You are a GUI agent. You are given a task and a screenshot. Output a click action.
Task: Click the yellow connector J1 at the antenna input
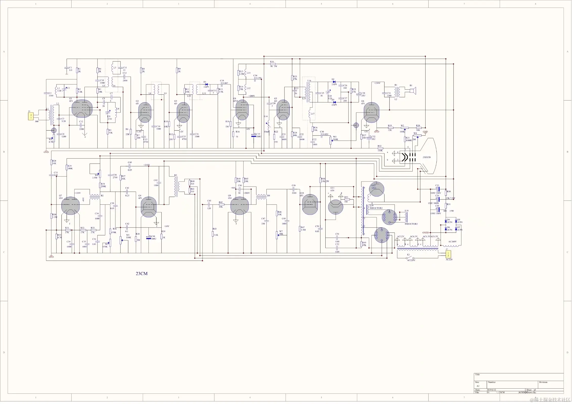tap(31, 116)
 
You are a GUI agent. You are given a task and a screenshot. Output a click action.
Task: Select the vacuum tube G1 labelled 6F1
tap(82, 109)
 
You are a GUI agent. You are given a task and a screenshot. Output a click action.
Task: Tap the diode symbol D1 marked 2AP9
tap(206, 84)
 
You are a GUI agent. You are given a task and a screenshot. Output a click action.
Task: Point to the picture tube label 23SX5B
tap(426, 157)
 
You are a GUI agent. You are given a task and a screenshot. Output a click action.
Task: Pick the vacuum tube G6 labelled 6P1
tap(371, 113)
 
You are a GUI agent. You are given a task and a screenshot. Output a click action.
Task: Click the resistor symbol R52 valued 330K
tap(380, 148)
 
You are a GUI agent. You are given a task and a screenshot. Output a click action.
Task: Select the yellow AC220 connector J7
tap(448, 254)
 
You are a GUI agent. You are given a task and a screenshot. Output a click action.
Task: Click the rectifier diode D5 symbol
tap(456, 221)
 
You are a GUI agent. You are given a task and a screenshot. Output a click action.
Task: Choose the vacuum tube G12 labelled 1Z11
tap(376, 189)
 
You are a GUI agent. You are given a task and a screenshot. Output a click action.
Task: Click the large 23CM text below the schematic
tap(142, 274)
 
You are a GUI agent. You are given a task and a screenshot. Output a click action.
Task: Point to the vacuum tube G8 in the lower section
tap(149, 207)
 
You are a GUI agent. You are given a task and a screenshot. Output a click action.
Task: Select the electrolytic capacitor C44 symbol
tap(149, 238)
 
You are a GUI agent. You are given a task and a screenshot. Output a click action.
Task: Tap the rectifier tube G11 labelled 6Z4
tap(335, 207)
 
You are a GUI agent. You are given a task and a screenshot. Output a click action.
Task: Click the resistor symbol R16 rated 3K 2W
tap(273, 64)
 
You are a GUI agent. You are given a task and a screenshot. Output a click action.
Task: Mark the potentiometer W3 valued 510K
tap(330, 141)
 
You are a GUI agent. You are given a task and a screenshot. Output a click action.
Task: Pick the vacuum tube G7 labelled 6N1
tap(70, 206)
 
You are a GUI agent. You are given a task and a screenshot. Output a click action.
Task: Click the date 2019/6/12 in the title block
tap(491, 390)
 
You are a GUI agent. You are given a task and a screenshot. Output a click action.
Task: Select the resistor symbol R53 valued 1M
tap(347, 199)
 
